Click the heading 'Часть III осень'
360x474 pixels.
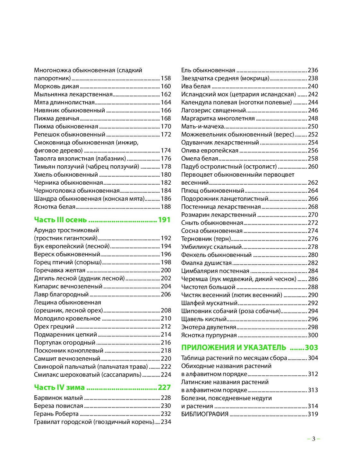[60, 220]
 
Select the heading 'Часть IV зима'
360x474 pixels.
[59, 388]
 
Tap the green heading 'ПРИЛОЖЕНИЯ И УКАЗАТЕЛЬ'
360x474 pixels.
[233, 347]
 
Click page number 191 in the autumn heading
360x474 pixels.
[164, 220]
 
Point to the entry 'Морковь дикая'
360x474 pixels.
[56, 86]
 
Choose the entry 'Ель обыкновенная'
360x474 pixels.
[208, 70]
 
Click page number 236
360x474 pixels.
[313, 70]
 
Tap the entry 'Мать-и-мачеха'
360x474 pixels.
[202, 127]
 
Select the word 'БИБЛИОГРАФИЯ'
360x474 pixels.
[205, 414]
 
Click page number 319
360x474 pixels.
[313, 414]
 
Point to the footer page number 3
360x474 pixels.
[313, 439]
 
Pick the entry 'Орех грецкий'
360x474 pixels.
[54, 327]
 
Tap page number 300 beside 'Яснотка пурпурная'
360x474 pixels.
[313, 335]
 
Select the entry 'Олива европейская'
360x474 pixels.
[210, 151]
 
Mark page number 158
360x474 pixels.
[166, 78]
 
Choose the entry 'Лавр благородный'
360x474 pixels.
[61, 294]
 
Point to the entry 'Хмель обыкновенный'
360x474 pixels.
[66, 175]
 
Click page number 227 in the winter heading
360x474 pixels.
[164, 388]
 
